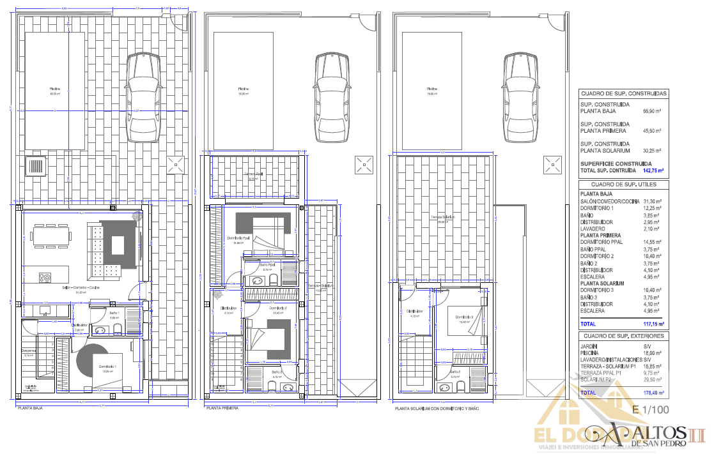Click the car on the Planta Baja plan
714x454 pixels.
(143, 97)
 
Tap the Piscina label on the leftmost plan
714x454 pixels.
(54, 89)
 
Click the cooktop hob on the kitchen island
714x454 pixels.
(45, 278)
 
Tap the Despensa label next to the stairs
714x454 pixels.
(29, 351)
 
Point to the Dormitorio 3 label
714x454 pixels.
(464, 317)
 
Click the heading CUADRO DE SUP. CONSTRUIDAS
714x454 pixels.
(623, 93)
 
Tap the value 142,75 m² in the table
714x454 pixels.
(653, 171)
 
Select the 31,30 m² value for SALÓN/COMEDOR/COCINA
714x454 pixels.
(651, 201)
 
